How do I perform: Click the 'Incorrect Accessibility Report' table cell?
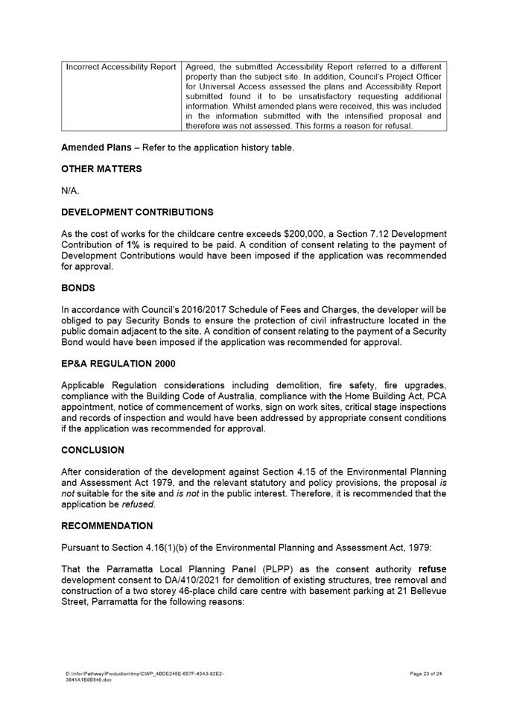point(121,67)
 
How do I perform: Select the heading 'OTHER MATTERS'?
point(101,169)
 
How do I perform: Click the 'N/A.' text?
point(70,191)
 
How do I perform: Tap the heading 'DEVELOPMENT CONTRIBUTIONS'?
point(137,212)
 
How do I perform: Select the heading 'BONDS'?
point(78,288)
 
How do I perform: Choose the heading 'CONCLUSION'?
point(92,450)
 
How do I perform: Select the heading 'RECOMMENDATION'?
point(109,525)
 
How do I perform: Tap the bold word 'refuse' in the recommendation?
point(432,568)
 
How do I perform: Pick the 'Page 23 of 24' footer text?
point(426,674)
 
